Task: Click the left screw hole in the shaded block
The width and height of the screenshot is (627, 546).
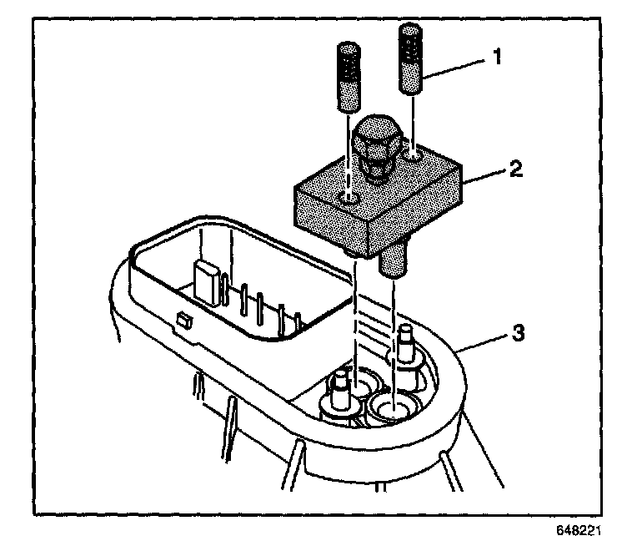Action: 351,198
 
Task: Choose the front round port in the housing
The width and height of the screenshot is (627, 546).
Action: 389,410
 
